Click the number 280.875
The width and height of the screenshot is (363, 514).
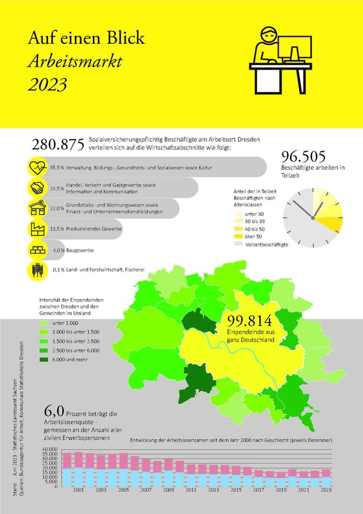point(58,145)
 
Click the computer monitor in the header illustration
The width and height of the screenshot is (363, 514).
point(295,48)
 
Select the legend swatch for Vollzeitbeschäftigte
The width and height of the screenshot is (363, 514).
point(238,244)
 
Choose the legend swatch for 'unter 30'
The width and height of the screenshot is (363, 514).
point(238,213)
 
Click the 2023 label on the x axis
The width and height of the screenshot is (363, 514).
point(326,490)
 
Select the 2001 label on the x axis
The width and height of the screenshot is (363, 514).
point(79,490)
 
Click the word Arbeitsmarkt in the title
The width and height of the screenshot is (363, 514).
point(75,62)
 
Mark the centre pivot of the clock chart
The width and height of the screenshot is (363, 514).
point(313,218)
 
